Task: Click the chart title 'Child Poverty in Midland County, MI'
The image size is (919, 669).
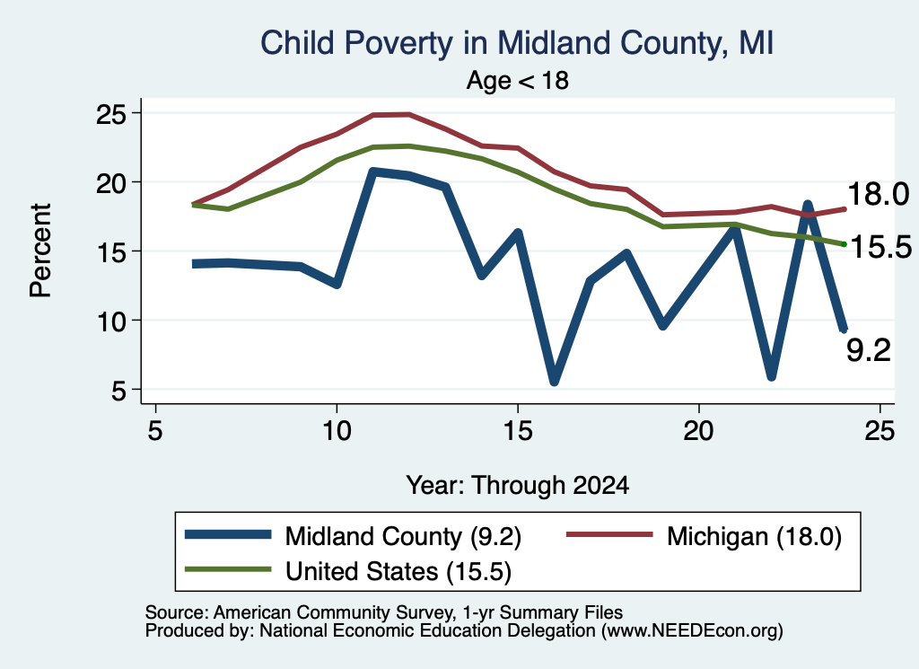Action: tap(517, 44)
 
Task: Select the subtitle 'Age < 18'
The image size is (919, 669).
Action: tap(518, 80)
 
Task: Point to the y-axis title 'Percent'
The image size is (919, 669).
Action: tap(40, 251)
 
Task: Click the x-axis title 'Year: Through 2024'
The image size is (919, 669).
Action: tap(518, 486)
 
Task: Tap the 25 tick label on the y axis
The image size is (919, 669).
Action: tap(111, 114)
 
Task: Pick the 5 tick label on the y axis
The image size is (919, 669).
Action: tap(119, 391)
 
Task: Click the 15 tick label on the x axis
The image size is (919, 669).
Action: tap(518, 432)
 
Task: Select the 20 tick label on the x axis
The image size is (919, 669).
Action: tap(698, 432)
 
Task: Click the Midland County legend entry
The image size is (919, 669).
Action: tap(353, 536)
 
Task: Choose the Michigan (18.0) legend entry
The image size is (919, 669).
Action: tap(704, 536)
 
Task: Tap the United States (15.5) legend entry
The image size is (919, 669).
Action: tap(348, 571)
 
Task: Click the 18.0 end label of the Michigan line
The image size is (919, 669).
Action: tap(878, 194)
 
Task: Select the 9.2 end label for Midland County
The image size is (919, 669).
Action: tap(869, 350)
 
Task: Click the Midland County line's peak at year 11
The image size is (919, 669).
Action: tap(373, 172)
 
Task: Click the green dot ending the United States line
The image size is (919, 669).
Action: tap(844, 244)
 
